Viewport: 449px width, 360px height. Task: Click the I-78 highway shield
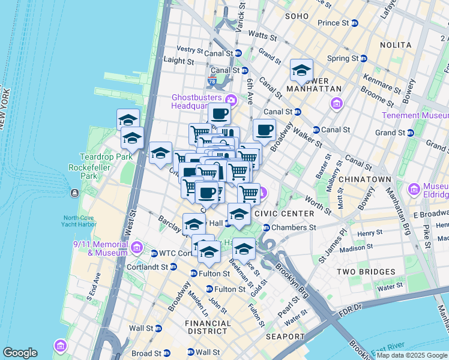212,81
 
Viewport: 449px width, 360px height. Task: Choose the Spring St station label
347,58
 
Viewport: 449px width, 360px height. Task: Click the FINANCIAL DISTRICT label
208,327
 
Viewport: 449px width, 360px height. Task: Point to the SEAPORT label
285,337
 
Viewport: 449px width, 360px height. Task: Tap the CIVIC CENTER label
284,214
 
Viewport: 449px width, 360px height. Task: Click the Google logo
20,353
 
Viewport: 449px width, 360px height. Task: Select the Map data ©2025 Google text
412,355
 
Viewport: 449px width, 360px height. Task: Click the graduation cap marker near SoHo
301,70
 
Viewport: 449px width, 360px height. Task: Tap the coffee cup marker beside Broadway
264,130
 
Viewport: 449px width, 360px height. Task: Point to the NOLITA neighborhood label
396,45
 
